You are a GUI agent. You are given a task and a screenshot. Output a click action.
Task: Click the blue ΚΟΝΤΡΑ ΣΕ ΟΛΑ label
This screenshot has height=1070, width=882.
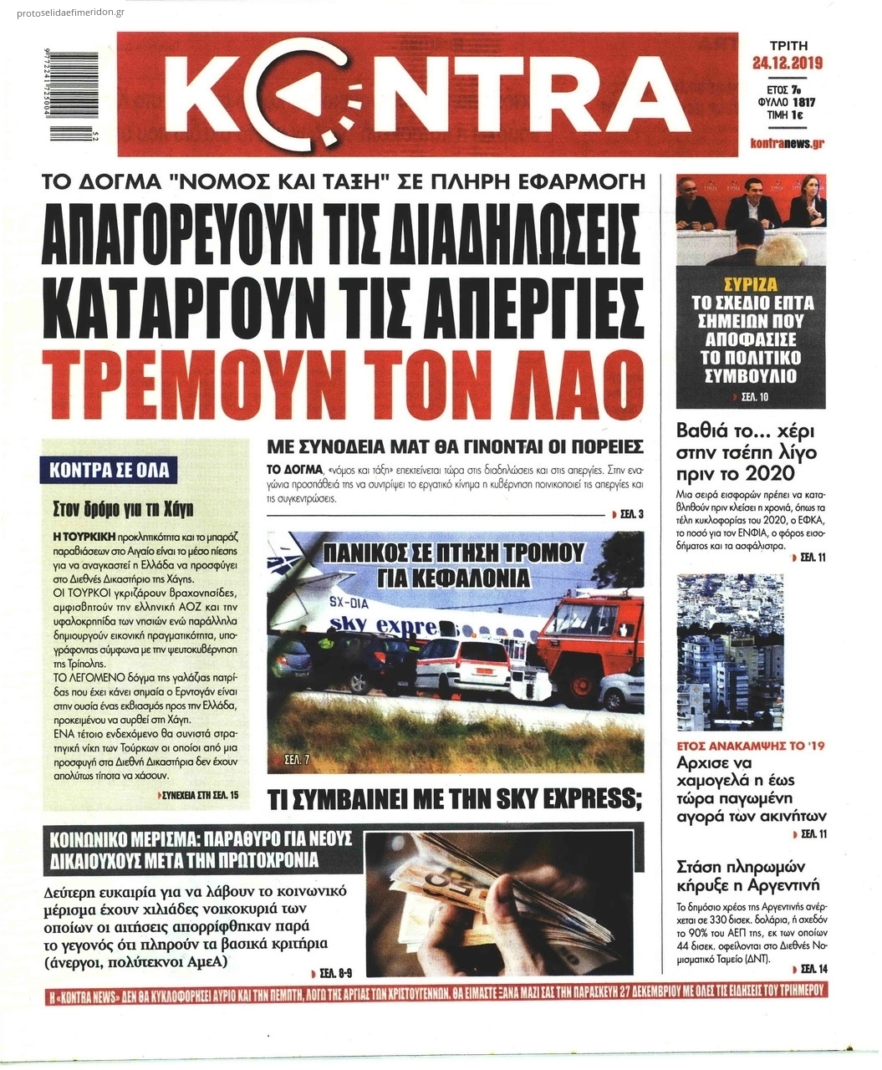coord(109,470)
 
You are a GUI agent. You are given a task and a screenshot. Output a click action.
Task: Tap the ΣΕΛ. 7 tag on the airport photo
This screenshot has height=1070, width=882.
coord(293,760)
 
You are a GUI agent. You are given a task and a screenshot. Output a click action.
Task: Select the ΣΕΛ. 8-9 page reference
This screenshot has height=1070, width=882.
coord(335,973)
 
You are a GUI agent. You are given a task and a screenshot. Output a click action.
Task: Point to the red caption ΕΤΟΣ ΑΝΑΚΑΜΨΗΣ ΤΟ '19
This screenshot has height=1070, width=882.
coord(750,745)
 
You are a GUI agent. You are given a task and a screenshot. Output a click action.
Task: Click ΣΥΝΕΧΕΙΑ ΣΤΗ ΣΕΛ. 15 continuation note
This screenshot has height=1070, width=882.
coord(201,794)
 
